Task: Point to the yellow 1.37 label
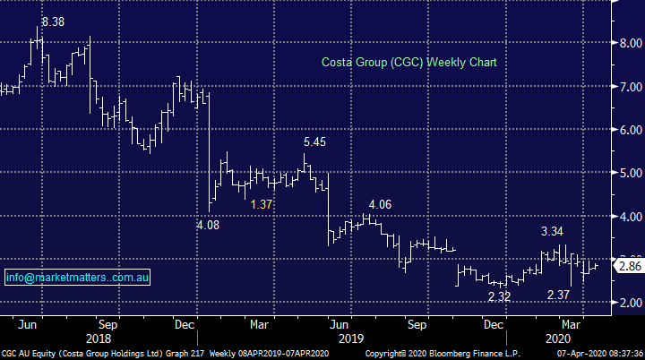[262, 204]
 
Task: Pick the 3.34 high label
[554, 232]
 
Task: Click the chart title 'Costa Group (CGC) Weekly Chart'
[408, 63]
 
